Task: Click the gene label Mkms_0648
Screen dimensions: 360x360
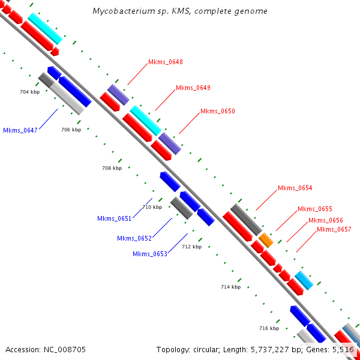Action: [165, 62]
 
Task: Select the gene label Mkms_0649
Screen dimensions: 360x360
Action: [193, 88]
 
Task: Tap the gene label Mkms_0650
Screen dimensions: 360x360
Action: [217, 112]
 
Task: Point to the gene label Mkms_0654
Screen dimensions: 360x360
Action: [295, 188]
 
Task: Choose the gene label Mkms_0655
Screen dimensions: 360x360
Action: [315, 209]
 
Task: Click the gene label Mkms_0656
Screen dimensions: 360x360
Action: [326, 220]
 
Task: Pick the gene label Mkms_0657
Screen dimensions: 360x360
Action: [334, 229]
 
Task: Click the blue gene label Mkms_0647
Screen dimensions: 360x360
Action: [20, 130]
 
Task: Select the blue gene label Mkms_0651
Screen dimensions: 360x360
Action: [114, 218]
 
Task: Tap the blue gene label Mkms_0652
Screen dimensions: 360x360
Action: [134, 238]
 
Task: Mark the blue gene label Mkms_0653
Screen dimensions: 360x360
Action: [149, 254]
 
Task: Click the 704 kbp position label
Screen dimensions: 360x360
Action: [29, 92]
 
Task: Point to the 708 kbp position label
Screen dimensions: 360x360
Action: [112, 169]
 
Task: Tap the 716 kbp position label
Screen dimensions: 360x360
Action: [269, 328]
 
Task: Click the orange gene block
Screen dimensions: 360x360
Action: [266, 241]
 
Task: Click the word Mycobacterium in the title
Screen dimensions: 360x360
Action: [121, 11]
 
